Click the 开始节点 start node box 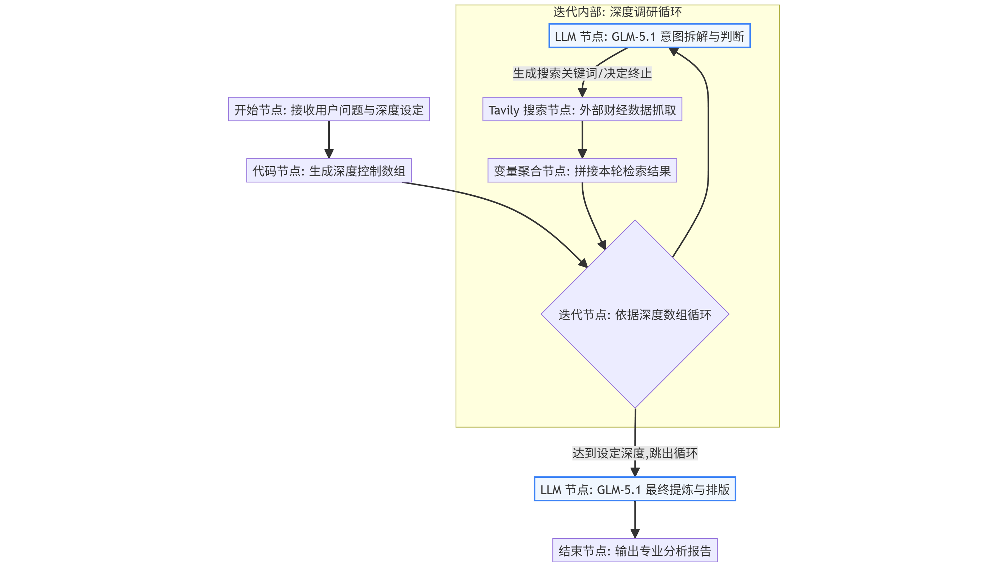(x=329, y=109)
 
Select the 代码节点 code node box (x=329, y=170)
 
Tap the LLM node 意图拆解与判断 (x=649, y=36)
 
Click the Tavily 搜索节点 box (x=582, y=109)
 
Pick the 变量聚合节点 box (x=582, y=170)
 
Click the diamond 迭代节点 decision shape (x=635, y=333)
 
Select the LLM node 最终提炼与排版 (x=634, y=489)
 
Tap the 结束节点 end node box (x=634, y=550)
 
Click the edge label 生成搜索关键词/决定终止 (x=582, y=73)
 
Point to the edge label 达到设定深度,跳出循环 (x=634, y=453)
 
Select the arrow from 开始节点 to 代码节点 (x=329, y=139)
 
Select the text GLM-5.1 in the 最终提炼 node (x=619, y=489)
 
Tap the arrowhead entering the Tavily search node (x=582, y=92)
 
